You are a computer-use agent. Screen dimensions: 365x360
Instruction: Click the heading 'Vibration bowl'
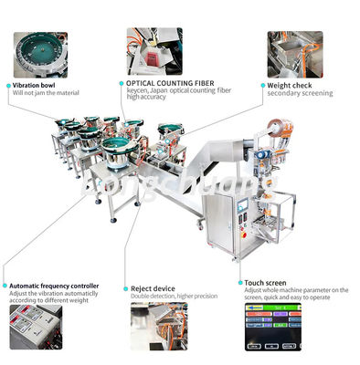(x=37, y=83)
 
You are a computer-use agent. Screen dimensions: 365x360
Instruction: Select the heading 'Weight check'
(x=294, y=85)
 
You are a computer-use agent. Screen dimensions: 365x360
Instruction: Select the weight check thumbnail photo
(x=294, y=54)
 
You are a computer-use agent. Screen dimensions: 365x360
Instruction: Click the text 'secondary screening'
(x=301, y=93)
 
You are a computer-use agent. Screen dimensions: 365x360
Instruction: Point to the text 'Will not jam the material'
(x=45, y=92)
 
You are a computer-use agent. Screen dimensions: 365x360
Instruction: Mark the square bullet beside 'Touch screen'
(x=239, y=283)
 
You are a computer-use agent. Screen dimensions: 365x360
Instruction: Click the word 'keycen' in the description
(x=138, y=89)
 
